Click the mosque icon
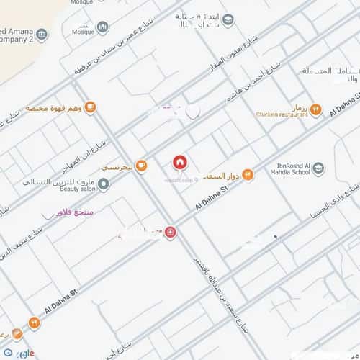pyautogui.click(x=102, y=27)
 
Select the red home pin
pyautogui.click(x=179, y=163)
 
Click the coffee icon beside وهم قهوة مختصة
pyautogui.click(x=90, y=108)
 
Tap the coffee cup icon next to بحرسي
pyautogui.click(x=141, y=166)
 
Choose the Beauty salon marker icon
pyautogui.click(x=104, y=184)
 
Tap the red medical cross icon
pyautogui.click(x=170, y=233)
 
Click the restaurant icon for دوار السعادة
pyautogui.click(x=247, y=174)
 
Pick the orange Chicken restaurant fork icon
pyautogui.click(x=316, y=110)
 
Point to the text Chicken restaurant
pyautogui.click(x=282, y=114)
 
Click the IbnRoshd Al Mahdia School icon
pyautogui.click(x=318, y=169)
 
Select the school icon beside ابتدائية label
pyautogui.click(x=228, y=20)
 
